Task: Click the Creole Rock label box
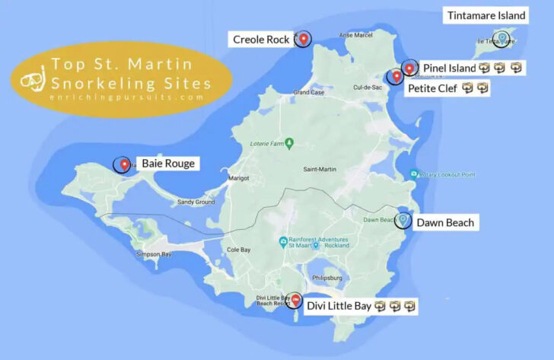click(260, 40)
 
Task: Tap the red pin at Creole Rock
click(303, 38)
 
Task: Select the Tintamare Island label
click(486, 15)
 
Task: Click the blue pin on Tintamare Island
click(501, 37)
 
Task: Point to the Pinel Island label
click(449, 68)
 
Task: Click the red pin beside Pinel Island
click(409, 68)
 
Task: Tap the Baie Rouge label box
click(167, 163)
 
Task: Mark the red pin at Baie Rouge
click(123, 163)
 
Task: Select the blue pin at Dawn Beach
click(403, 220)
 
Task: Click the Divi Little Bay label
click(339, 307)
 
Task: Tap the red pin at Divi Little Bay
click(295, 301)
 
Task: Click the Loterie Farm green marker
click(288, 143)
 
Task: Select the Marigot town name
click(239, 179)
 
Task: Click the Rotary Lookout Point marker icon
click(413, 174)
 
